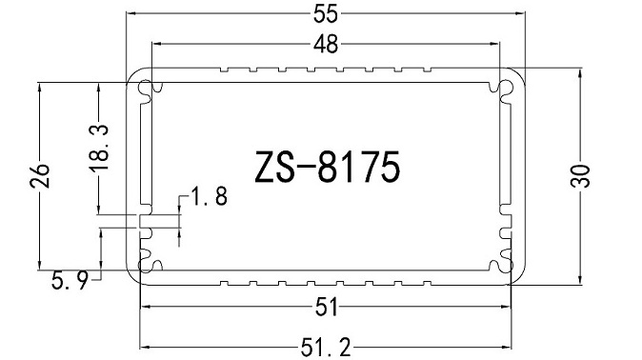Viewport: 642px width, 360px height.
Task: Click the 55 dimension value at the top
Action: point(326,13)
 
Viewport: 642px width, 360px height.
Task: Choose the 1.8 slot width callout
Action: point(209,197)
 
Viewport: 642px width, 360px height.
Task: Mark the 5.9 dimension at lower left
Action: point(70,280)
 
